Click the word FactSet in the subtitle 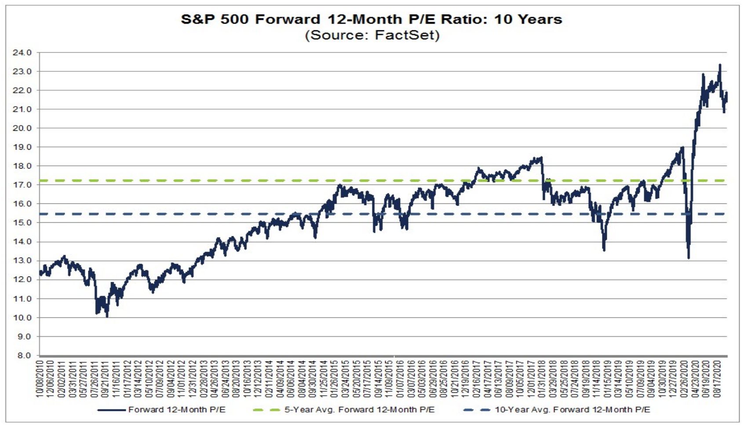pyautogui.click(x=406, y=35)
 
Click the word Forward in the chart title pyautogui.click(x=288, y=19)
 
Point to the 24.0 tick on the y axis pyautogui.click(x=22, y=53)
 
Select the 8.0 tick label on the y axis pyautogui.click(x=24, y=355)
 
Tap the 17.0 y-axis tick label pyautogui.click(x=22, y=185)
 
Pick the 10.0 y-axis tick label pyautogui.click(x=22, y=317)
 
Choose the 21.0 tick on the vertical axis pyautogui.click(x=22, y=109)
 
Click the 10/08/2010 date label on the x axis pyautogui.click(x=40, y=379)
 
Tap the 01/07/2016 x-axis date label pyautogui.click(x=400, y=379)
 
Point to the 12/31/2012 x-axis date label pyautogui.click(x=192, y=379)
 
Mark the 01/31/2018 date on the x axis pyautogui.click(x=542, y=379)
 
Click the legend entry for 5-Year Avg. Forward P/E pyautogui.click(x=359, y=410)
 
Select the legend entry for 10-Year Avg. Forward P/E pyautogui.click(x=572, y=410)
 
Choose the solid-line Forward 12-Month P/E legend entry pyautogui.click(x=176, y=410)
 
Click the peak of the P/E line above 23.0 pyautogui.click(x=720, y=65)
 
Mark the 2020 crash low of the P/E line pyautogui.click(x=689, y=258)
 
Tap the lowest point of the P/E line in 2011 pyautogui.click(x=107, y=316)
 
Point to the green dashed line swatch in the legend pyautogui.click(x=266, y=410)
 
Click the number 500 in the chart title pyautogui.click(x=235, y=19)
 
